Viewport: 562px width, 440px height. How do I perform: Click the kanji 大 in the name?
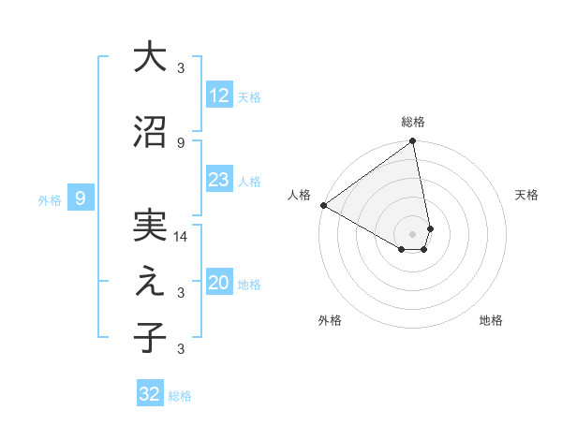149,58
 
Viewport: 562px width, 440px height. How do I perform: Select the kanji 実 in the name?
149,227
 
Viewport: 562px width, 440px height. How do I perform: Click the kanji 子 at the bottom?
149,338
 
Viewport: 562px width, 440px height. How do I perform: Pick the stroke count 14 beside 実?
181,238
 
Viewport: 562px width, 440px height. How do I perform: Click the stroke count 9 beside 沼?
181,142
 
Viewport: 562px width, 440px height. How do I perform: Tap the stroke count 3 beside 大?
181,68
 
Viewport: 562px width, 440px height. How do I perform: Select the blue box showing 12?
219,95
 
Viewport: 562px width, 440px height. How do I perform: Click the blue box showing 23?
219,180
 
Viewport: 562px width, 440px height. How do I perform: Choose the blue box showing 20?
219,284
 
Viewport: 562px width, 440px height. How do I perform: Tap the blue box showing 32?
149,394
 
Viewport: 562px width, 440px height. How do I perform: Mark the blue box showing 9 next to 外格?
81,198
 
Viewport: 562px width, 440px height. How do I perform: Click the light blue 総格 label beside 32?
180,396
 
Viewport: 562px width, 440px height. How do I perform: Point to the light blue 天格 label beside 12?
249,96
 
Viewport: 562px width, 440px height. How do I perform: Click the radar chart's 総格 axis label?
413,122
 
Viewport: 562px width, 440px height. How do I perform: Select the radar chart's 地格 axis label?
491,320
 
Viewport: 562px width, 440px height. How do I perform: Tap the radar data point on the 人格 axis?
323,205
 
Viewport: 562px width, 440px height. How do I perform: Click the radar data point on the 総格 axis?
412,142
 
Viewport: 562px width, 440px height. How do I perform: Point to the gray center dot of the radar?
412,233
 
